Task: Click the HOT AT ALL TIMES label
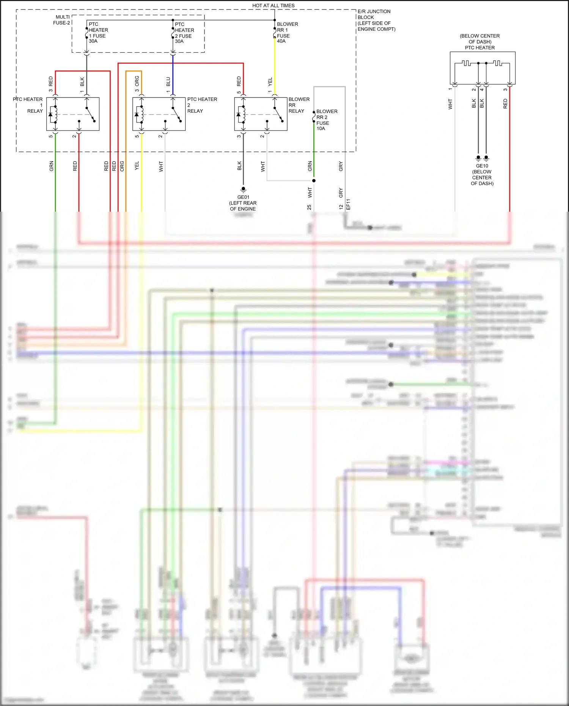(x=273, y=5)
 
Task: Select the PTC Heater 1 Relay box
(x=73, y=114)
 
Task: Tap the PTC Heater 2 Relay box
(x=159, y=114)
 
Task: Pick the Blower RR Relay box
(x=261, y=114)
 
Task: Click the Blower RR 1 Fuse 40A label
(x=287, y=32)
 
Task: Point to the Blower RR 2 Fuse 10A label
(x=326, y=120)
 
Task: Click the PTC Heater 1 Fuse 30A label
(x=98, y=32)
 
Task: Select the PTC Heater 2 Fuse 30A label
(x=184, y=32)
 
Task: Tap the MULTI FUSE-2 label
(x=62, y=20)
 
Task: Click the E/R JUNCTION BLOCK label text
(x=376, y=20)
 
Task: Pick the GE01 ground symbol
(x=243, y=189)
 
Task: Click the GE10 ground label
(x=482, y=166)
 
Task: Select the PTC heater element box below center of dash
(x=482, y=68)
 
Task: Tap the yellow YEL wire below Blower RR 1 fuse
(x=275, y=64)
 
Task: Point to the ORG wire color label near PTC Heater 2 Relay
(x=137, y=81)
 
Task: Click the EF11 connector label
(x=348, y=204)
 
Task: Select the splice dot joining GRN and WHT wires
(x=314, y=181)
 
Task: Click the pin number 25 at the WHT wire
(x=309, y=207)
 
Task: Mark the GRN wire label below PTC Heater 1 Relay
(x=51, y=166)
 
